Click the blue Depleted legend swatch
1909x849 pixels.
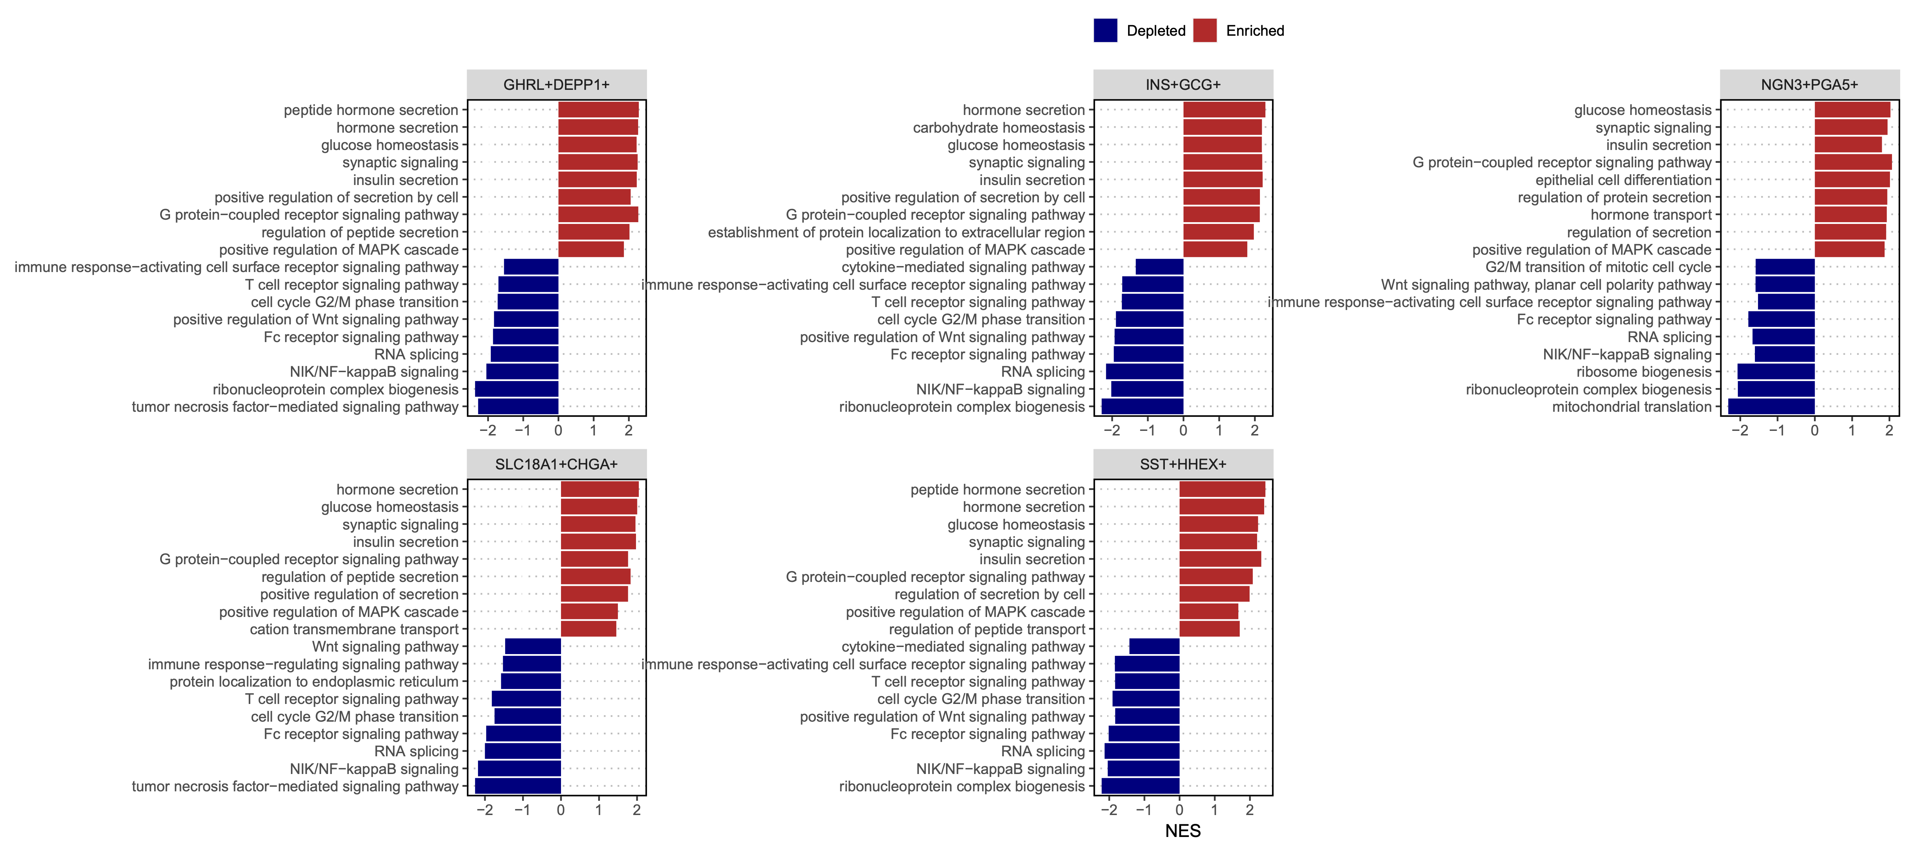[x=1105, y=30]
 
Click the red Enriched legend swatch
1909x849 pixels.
[x=1204, y=30]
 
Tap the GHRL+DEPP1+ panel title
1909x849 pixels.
[x=556, y=85]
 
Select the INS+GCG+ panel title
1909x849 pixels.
[x=1183, y=85]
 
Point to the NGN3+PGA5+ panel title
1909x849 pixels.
[x=1810, y=85]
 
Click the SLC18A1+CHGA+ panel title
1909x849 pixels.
[x=556, y=464]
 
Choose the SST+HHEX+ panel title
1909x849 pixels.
[x=1183, y=464]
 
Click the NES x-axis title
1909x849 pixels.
[x=1183, y=831]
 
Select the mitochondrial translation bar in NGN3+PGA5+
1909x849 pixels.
[x=1771, y=406]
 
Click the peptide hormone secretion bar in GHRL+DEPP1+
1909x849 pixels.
[x=598, y=110]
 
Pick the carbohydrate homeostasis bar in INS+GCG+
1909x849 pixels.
[x=1222, y=128]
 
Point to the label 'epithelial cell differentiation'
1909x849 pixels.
[x=1624, y=180]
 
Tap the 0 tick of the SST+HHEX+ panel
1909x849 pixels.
[x=1180, y=810]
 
